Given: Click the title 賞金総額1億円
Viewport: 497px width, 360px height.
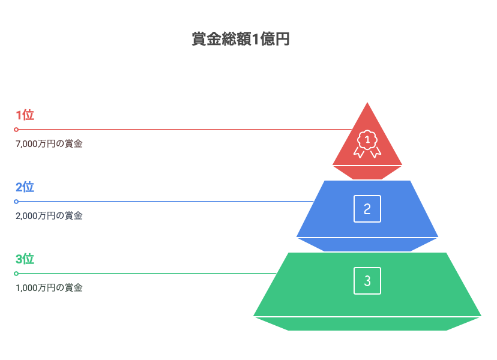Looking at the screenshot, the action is click(241, 39).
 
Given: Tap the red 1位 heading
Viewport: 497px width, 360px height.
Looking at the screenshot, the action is click(25, 115).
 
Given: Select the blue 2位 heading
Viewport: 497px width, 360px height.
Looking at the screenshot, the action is click(25, 187).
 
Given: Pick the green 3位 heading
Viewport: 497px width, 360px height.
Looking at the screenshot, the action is click(25, 259).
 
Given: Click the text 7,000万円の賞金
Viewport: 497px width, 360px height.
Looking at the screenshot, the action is click(49, 144).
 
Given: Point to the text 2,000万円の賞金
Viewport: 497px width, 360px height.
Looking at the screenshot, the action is click(49, 216).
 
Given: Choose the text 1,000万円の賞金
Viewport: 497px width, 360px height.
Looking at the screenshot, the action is click(49, 288).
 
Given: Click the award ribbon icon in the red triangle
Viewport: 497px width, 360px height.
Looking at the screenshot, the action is click(367, 144).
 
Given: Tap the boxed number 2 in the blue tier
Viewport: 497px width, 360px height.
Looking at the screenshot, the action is click(367, 209).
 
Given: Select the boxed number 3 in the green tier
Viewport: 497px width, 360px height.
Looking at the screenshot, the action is click(367, 281).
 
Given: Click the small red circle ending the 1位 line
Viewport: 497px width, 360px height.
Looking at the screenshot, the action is click(16, 130).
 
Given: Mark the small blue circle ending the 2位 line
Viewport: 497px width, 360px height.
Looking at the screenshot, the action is click(16, 202).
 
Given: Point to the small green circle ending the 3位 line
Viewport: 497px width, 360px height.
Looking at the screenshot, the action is click(16, 274).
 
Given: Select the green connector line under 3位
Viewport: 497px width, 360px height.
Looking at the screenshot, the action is click(148, 274).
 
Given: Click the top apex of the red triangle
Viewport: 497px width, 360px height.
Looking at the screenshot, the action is click(367, 103).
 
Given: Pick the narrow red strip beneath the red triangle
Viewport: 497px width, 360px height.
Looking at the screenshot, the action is click(367, 173).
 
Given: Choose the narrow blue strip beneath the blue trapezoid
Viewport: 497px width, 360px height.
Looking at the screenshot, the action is click(367, 245).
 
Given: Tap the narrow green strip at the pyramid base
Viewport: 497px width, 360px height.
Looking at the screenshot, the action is click(367, 324).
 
